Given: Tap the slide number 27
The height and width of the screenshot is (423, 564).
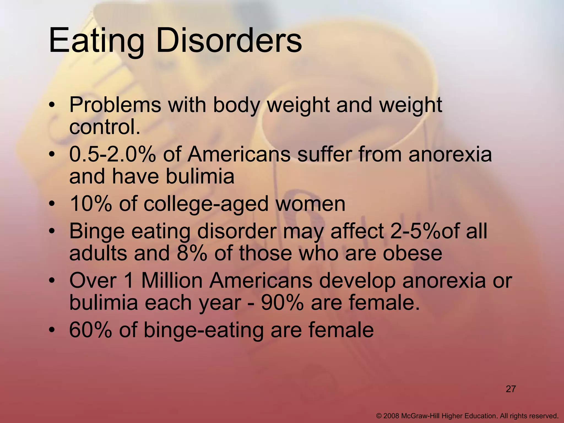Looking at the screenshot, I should (x=511, y=389).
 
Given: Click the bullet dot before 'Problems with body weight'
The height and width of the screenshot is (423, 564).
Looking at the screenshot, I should (x=52, y=105).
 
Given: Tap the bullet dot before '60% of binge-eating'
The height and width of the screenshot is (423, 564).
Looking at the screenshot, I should (x=52, y=330).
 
